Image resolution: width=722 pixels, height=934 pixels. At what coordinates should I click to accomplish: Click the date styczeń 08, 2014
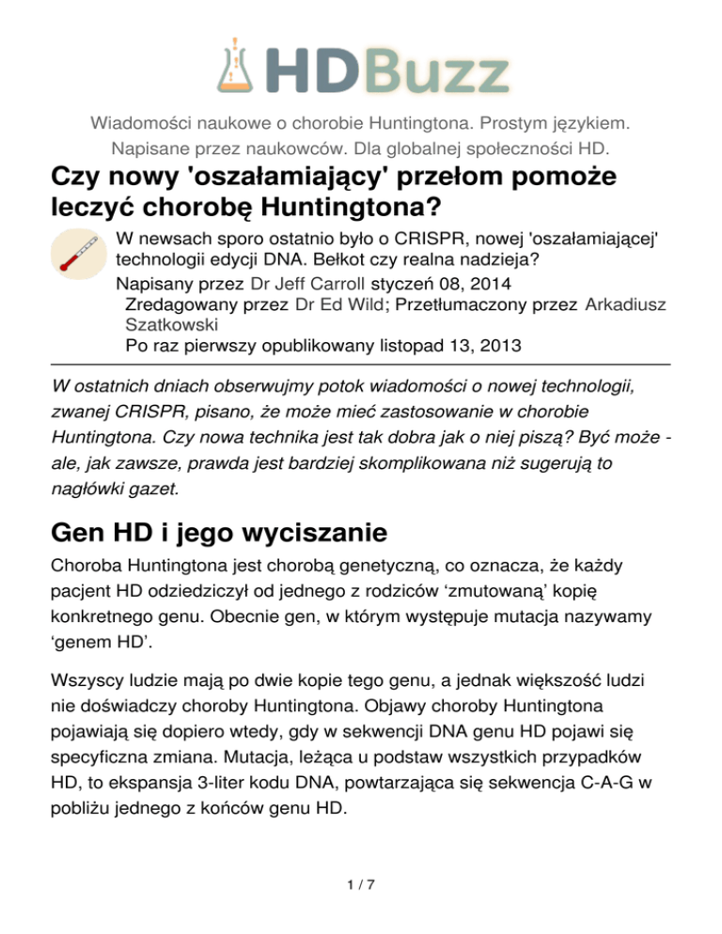point(447,282)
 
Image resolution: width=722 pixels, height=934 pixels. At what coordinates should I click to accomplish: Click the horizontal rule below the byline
point(361,362)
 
